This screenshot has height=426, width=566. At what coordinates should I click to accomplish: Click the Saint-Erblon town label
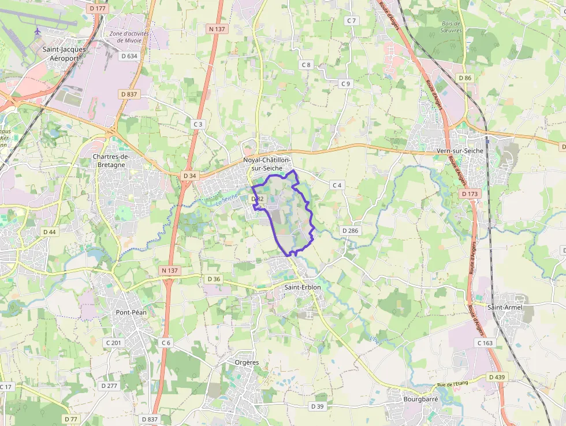tap(302, 287)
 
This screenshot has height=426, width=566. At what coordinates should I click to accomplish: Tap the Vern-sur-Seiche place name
tap(464, 151)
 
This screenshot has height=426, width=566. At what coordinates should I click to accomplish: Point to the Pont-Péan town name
tap(131, 312)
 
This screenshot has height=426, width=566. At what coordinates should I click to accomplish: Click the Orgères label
tap(247, 362)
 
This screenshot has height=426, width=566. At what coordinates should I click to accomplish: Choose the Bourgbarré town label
tap(420, 399)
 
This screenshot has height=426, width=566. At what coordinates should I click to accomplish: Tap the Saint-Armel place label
tap(505, 307)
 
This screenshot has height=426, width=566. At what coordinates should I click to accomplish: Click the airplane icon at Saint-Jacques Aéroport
tap(38, 31)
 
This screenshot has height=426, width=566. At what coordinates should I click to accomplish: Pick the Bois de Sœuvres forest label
tap(450, 27)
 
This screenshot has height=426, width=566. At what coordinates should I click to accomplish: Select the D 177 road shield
tap(98, 9)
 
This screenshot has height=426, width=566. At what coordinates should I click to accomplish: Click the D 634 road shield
tap(129, 56)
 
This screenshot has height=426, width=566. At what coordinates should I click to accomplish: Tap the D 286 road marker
tap(350, 231)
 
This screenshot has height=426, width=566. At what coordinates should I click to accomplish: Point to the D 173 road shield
tap(470, 194)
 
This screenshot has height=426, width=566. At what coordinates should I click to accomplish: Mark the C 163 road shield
tap(485, 343)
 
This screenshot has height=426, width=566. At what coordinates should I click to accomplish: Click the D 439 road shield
tap(496, 377)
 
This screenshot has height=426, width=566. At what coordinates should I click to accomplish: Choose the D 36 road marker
tap(214, 279)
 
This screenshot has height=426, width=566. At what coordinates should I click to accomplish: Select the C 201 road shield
tap(113, 343)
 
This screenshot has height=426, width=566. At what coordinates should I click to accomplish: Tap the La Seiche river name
tap(226, 199)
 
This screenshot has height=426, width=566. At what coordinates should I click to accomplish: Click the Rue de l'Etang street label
tap(452, 384)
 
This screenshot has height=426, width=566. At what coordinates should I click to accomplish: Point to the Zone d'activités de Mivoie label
tap(129, 37)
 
